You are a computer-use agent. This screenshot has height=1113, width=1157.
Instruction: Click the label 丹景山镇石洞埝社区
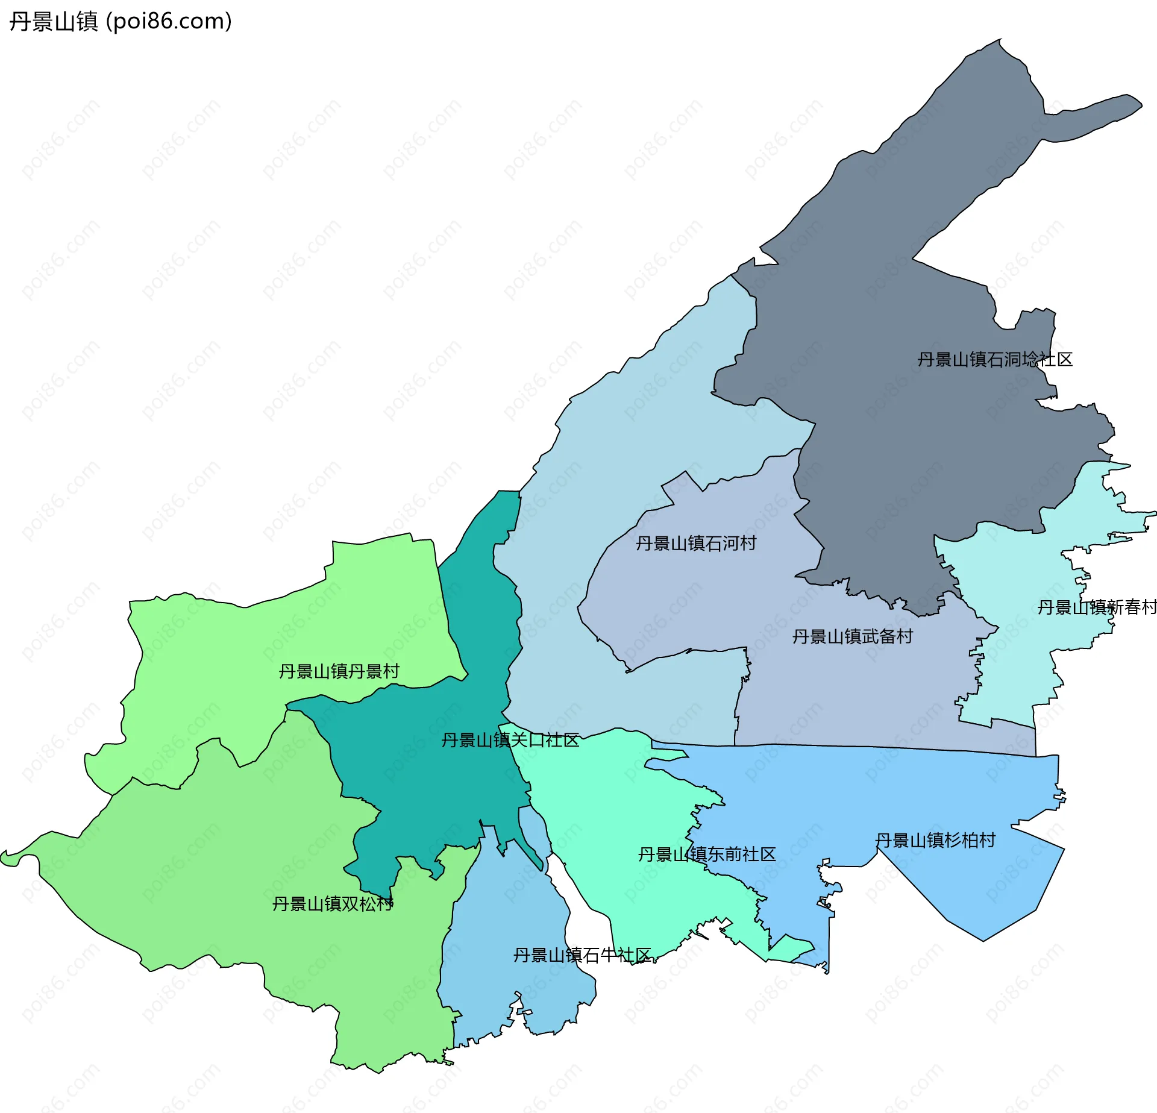(994, 360)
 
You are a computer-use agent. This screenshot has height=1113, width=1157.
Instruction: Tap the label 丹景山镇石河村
(695, 544)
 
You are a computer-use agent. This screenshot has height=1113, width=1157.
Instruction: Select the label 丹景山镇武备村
(852, 637)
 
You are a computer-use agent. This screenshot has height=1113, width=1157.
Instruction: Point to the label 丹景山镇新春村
(1096, 607)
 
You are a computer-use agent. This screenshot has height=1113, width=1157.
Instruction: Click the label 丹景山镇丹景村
(339, 671)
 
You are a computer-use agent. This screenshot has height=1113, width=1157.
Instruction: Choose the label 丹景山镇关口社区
(510, 740)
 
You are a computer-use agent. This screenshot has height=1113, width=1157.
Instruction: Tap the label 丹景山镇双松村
(333, 904)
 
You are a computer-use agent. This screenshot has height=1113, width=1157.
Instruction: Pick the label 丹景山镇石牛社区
(582, 955)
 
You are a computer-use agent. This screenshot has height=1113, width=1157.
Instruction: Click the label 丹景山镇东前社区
(706, 854)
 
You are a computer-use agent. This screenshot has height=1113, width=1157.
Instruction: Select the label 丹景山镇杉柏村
(935, 841)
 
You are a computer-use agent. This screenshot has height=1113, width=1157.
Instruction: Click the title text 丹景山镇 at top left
(53, 22)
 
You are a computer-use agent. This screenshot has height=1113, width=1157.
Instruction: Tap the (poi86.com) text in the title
(169, 22)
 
